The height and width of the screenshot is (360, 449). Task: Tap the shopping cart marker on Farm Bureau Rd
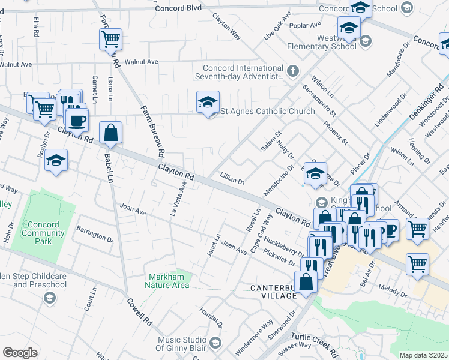click(110, 40)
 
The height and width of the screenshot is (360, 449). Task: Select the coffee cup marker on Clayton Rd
click(77, 122)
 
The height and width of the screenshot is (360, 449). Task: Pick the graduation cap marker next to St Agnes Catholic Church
click(208, 103)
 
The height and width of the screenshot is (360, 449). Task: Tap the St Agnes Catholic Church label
click(268, 111)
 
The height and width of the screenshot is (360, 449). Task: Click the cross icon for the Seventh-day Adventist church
click(292, 72)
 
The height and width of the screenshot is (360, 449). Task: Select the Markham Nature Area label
click(167, 281)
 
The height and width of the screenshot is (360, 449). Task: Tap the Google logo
click(20, 353)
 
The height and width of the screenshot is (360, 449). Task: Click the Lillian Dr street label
click(232, 181)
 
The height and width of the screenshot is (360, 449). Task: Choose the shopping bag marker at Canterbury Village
click(306, 282)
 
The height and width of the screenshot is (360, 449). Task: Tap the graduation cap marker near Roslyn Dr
click(56, 161)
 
